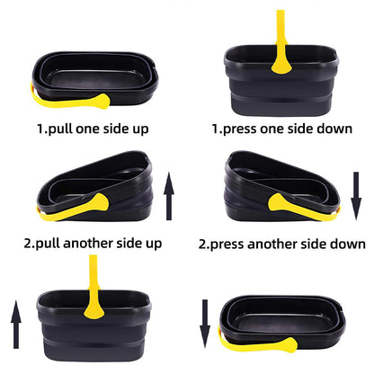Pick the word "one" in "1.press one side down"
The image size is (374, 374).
tap(281, 128)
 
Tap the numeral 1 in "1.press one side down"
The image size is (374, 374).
tap(216, 128)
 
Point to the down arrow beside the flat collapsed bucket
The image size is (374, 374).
tap(204, 325)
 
